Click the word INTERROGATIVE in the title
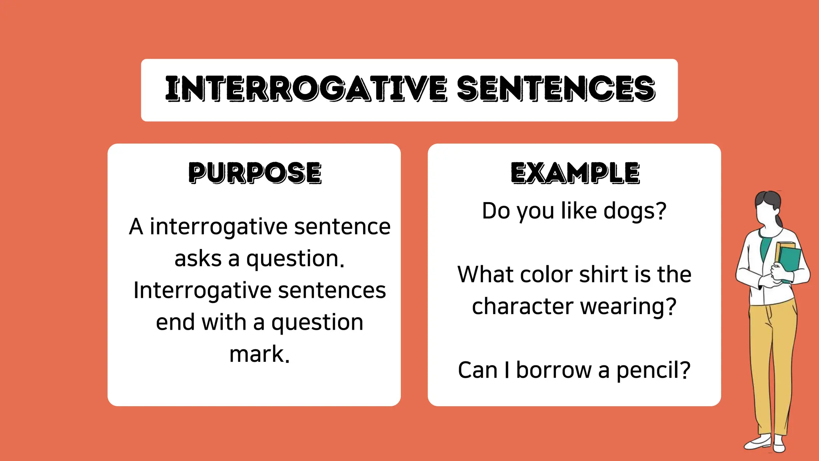click(x=306, y=89)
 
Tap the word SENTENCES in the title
click(x=556, y=89)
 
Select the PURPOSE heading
click(x=255, y=173)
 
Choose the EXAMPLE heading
click(x=575, y=173)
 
